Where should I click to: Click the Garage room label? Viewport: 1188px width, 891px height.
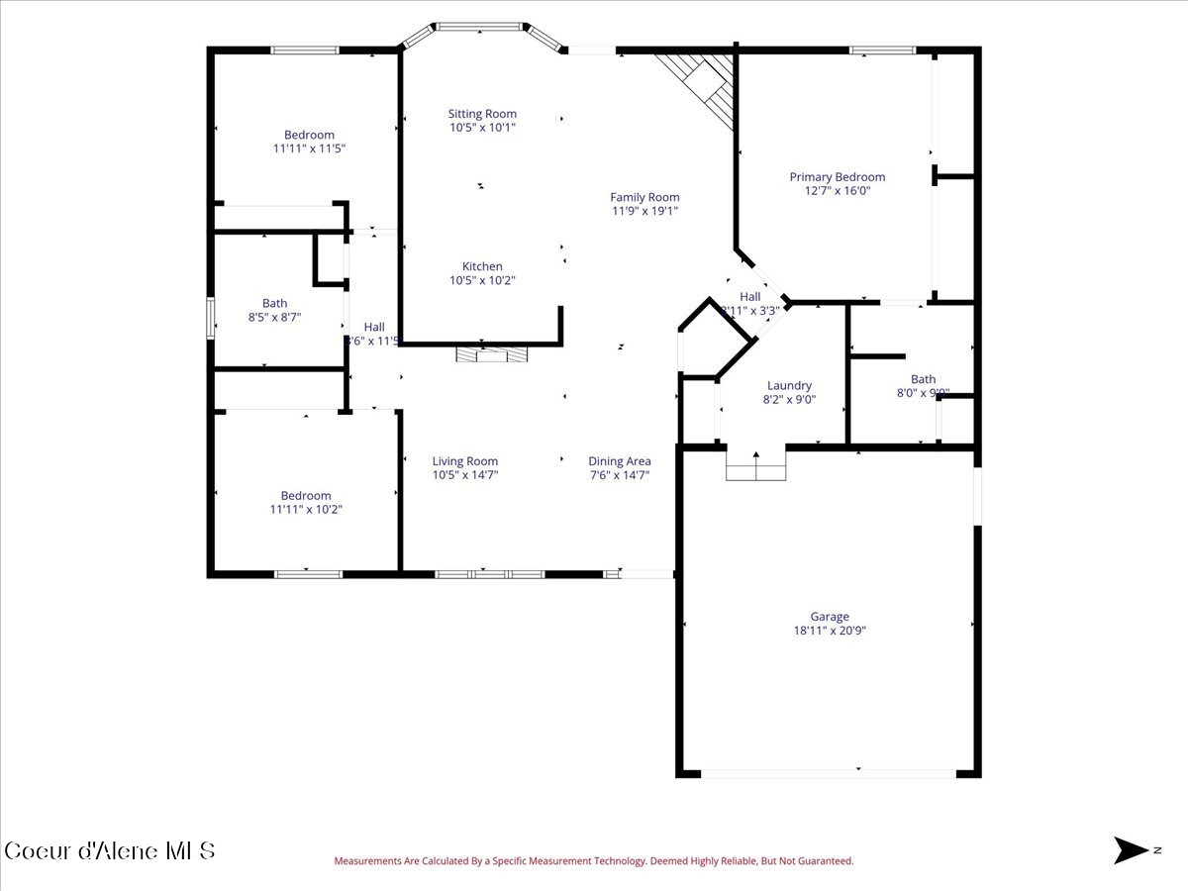829,617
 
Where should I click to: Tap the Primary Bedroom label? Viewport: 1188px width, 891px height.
837,177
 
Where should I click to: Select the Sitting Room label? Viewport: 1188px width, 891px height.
482,114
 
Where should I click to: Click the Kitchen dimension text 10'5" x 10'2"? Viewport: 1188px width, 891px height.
482,280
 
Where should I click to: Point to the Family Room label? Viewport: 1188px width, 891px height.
644,197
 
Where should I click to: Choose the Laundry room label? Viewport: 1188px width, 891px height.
789,385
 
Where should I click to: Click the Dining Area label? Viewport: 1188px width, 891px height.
620,460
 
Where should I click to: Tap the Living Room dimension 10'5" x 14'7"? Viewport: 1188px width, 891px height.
465,474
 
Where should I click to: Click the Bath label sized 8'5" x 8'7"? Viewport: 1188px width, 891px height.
274,303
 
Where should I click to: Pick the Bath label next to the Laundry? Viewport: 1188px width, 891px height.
923,379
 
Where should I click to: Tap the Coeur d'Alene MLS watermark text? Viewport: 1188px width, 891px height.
109,850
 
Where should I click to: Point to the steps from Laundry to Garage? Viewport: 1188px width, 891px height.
756,465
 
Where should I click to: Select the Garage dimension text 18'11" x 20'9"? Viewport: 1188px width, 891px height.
830,631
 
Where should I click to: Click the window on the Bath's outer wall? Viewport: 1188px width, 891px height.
210,318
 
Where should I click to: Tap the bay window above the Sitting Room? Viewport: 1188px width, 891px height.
481,28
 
